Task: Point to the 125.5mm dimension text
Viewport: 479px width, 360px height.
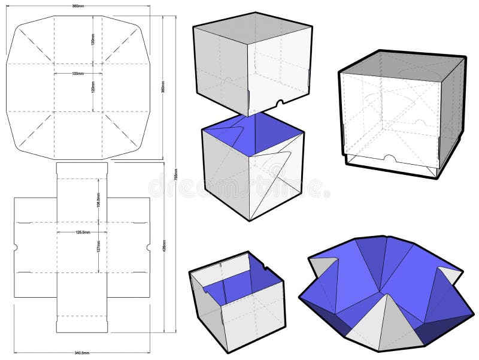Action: (81, 232)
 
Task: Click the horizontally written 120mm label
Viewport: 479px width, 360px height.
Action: (77, 74)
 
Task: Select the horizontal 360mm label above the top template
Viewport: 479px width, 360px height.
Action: (77, 6)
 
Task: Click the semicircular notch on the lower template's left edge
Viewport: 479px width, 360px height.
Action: (15, 247)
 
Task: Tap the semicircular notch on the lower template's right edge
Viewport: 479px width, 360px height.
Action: (147, 247)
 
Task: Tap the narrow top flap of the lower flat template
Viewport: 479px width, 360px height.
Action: (81, 170)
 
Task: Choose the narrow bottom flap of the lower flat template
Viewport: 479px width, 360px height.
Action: (81, 324)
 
